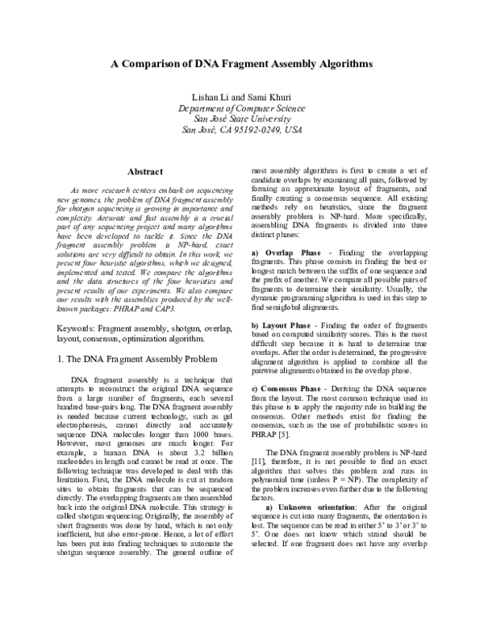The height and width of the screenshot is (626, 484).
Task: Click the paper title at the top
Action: tap(241, 62)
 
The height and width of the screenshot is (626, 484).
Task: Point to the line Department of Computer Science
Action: tap(241, 108)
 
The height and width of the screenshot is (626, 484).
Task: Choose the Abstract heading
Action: tap(146, 171)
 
